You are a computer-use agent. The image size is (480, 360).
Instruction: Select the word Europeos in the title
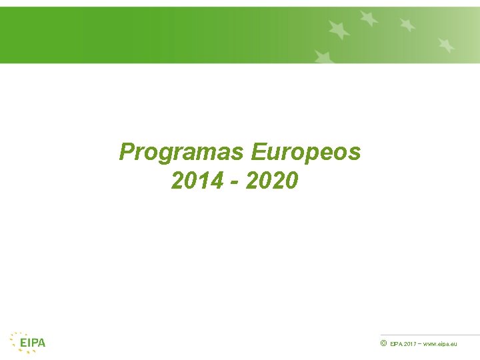(x=306, y=153)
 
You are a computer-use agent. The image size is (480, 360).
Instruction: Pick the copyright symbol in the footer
(x=383, y=343)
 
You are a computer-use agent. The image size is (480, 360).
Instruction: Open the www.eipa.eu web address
(x=440, y=344)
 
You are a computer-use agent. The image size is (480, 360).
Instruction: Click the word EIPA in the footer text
(x=396, y=344)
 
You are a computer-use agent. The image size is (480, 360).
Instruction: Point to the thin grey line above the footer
(x=430, y=335)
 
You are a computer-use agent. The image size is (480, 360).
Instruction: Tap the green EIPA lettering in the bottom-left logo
(x=33, y=343)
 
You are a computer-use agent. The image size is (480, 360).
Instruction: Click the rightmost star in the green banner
(x=446, y=45)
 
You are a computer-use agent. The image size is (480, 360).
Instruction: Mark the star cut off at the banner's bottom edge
(x=324, y=57)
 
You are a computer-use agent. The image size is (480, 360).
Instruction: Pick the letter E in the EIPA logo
(x=23, y=343)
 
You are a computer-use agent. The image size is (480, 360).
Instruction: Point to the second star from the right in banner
(x=407, y=25)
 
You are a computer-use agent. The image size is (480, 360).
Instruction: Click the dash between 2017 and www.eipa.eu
(x=419, y=344)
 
